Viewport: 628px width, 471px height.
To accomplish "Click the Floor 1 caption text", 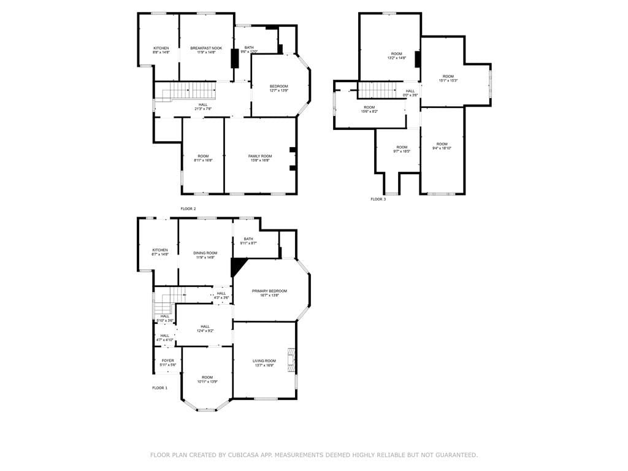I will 159,388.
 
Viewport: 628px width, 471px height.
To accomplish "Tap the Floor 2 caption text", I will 188,209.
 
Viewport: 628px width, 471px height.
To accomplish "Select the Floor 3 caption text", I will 378,199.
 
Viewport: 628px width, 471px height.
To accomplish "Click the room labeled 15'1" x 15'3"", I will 448,78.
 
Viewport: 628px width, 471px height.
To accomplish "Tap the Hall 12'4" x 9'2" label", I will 205,329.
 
